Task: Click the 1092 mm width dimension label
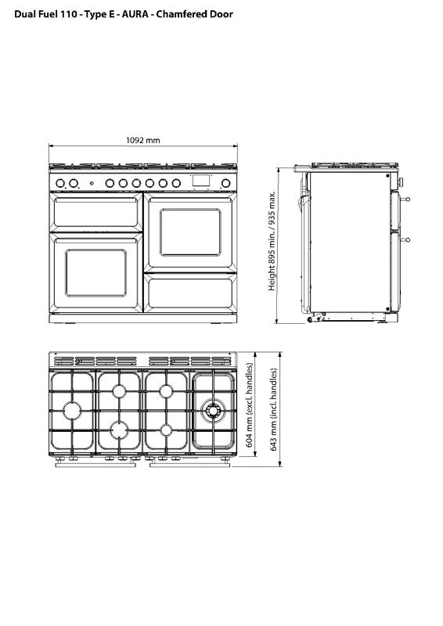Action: [x=143, y=141]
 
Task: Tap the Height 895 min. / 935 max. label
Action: [x=272, y=241]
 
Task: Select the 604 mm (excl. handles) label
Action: [x=249, y=405]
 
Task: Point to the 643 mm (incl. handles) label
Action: [x=274, y=409]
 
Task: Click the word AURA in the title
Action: [x=135, y=14]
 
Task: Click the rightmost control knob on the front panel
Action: [x=225, y=183]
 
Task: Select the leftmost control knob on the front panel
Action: [x=60, y=183]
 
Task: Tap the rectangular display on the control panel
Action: [x=201, y=181]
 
